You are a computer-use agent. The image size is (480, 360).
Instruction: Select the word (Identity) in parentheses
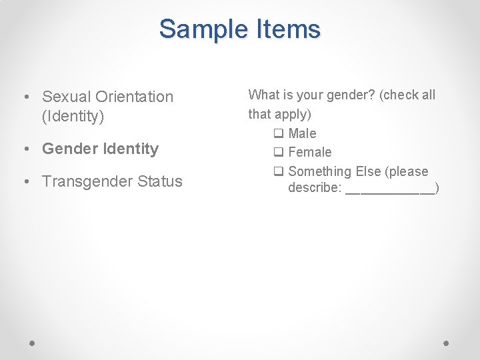click(73, 117)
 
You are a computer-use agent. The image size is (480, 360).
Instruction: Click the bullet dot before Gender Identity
click(26, 149)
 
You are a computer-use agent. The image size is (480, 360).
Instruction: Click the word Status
click(160, 181)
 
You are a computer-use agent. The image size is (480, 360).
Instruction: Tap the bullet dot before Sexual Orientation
click(26, 97)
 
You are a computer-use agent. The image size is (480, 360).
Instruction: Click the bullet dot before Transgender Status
click(26, 181)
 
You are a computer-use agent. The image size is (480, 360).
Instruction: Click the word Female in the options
click(310, 153)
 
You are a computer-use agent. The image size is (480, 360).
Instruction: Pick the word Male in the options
click(303, 133)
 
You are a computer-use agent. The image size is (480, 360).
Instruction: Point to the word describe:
click(315, 188)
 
